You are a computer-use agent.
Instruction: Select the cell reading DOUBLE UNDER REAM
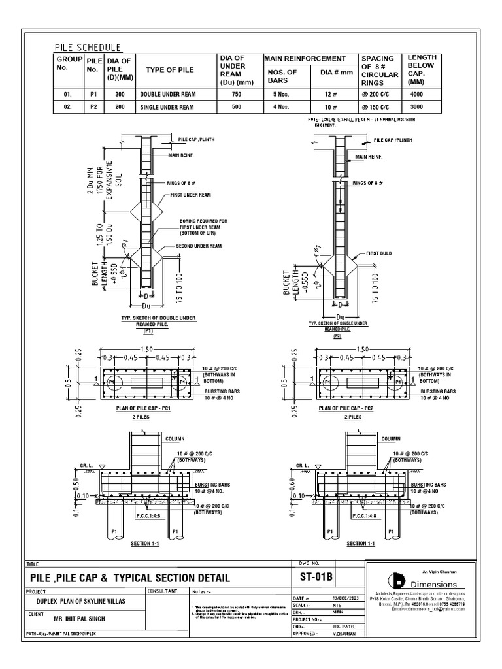coord(167,94)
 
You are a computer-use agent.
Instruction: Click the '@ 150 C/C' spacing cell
coord(376,106)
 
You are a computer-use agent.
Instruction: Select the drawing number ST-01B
coord(316,577)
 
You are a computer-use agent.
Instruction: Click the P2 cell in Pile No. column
coord(93,106)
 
